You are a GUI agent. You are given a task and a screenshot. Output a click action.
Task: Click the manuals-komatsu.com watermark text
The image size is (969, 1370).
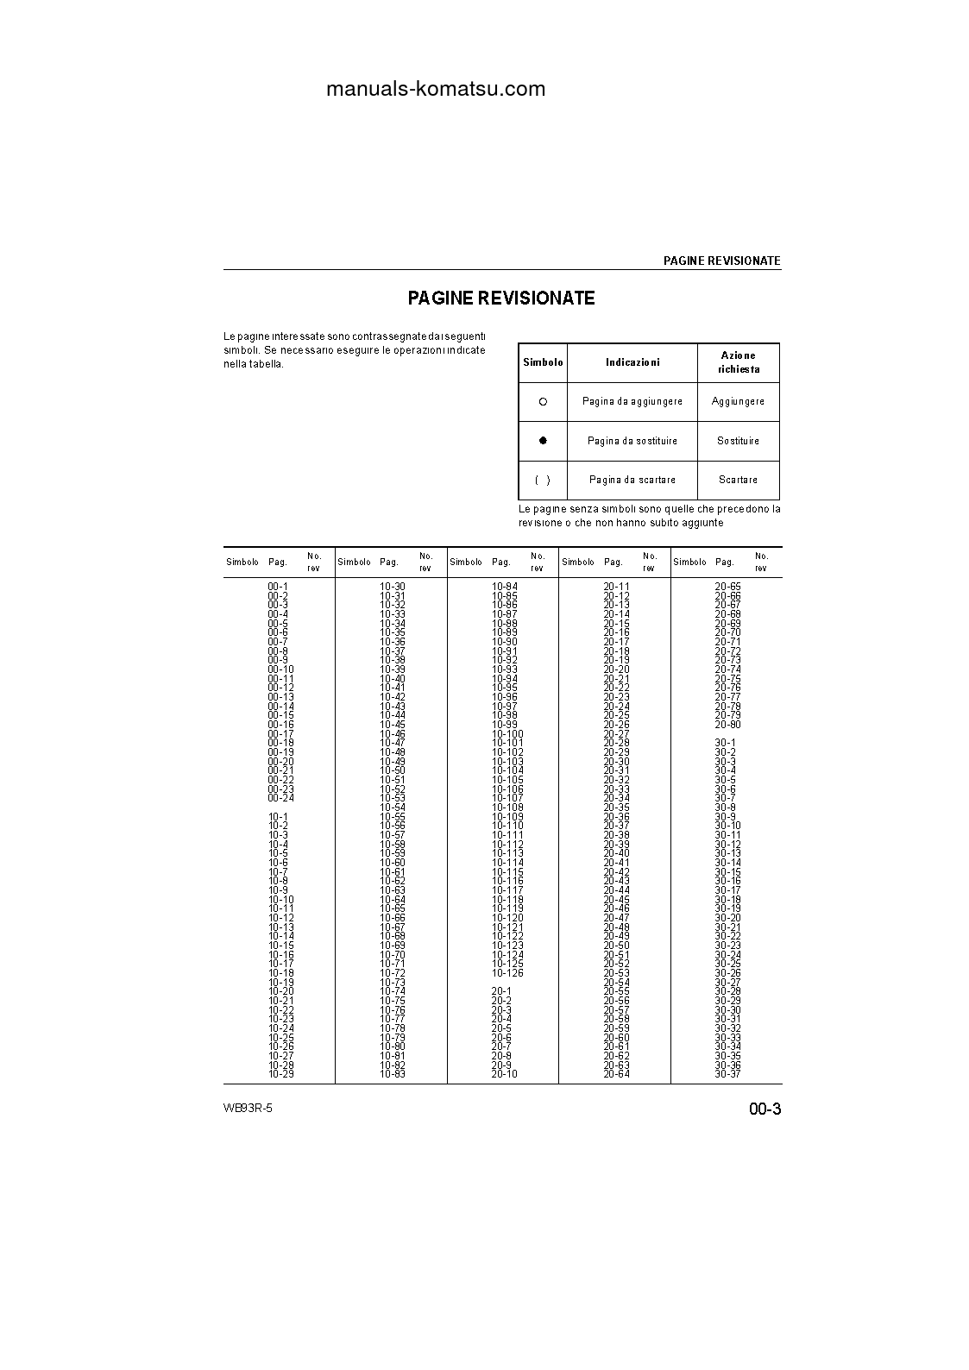436,89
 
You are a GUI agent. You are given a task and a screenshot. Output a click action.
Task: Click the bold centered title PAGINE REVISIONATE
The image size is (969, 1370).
501,299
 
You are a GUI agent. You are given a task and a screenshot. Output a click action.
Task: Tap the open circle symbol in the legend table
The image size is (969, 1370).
543,402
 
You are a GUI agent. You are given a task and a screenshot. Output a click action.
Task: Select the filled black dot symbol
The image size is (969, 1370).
543,441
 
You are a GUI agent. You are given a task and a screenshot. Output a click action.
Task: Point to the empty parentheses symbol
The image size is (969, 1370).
543,480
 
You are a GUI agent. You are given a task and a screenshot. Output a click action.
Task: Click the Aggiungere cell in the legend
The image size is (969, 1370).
738,402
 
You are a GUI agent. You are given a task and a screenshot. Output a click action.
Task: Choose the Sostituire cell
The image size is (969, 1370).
738,441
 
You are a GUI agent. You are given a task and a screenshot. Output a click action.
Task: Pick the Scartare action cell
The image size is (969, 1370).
738,480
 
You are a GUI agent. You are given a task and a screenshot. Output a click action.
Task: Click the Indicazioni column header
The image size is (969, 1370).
632,363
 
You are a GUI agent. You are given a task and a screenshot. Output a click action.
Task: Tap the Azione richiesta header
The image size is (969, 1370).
738,362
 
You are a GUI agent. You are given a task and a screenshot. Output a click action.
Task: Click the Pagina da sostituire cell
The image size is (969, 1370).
632,441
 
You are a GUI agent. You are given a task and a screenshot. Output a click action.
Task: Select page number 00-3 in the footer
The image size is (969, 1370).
765,1109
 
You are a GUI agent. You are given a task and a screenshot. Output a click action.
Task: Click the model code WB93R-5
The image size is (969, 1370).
248,1109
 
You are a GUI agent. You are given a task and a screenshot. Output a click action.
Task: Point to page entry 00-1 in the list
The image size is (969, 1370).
278,587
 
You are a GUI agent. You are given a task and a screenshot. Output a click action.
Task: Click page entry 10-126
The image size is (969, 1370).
507,973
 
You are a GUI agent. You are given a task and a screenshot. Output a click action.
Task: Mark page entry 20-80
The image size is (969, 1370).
727,725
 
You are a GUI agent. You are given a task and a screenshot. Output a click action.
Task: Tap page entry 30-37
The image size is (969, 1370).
727,1074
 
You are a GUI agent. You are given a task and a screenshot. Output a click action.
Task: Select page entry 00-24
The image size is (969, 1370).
280,798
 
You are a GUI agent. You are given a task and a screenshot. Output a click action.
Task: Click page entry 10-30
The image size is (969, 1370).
393,587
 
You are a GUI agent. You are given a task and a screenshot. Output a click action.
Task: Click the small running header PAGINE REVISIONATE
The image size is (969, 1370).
721,261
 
